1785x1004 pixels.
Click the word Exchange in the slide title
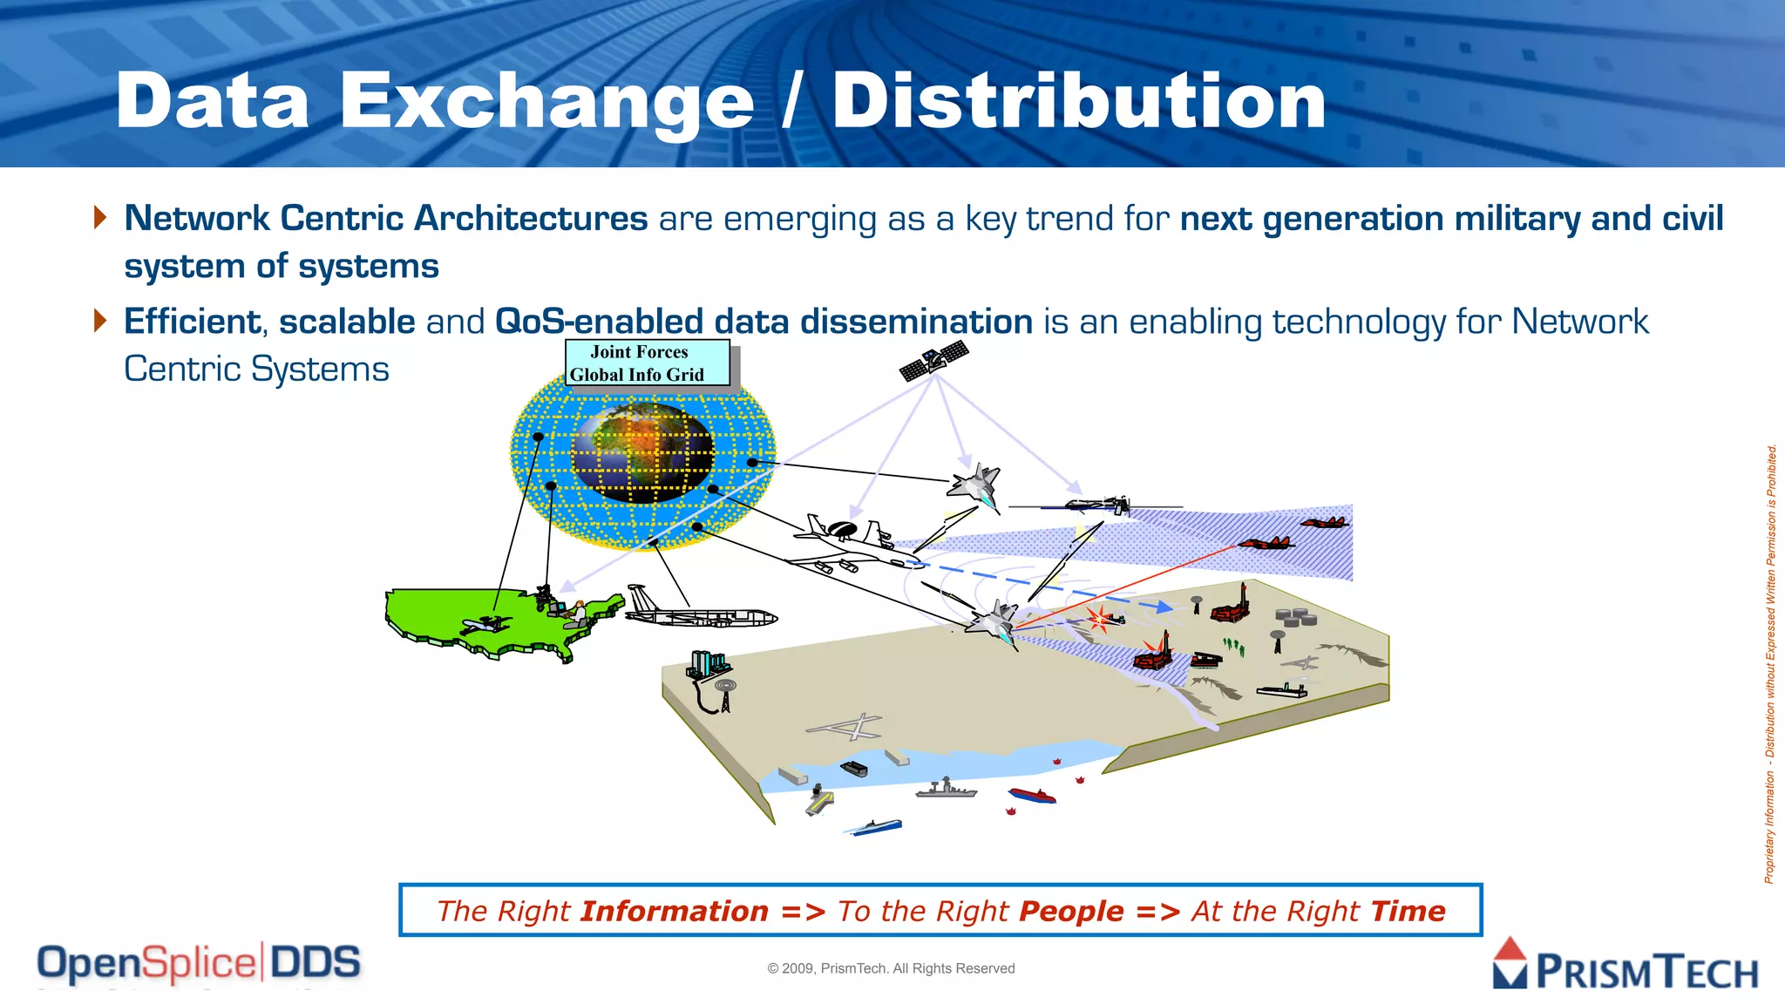(x=546, y=103)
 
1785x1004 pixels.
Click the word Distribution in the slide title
(x=1078, y=101)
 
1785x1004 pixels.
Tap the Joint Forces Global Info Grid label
(x=647, y=363)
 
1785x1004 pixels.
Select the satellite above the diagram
(x=933, y=361)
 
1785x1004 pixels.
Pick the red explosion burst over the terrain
(x=1099, y=619)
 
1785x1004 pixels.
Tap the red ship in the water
(x=1032, y=795)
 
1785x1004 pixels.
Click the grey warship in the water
(x=946, y=790)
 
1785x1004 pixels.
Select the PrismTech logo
(x=1625, y=966)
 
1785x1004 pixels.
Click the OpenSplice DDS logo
(x=199, y=964)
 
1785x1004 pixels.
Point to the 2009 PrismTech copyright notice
(x=891, y=968)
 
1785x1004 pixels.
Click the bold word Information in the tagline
(x=674, y=912)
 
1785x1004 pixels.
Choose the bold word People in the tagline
(x=1071, y=912)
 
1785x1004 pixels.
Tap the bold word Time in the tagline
(x=1408, y=912)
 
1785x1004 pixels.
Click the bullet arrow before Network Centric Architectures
(x=100, y=217)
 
